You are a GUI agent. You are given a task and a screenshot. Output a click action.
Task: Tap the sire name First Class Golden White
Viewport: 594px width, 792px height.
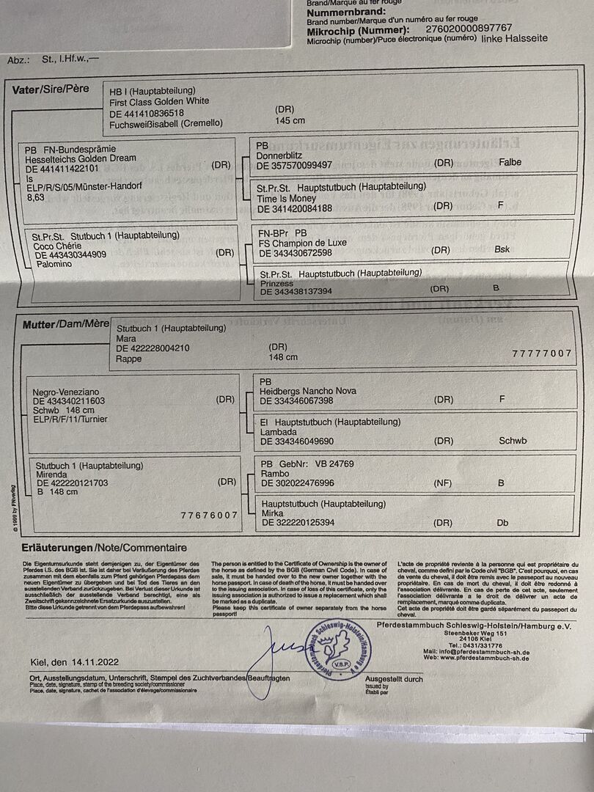click(x=159, y=101)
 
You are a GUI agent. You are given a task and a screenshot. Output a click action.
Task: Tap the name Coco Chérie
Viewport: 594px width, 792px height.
click(x=59, y=246)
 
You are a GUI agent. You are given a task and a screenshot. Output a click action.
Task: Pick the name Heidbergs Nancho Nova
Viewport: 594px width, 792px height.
click(x=308, y=391)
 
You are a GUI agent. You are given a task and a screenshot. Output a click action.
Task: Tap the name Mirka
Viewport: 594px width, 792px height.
click(x=273, y=513)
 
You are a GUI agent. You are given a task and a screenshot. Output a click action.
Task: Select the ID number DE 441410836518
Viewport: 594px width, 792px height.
click(x=147, y=112)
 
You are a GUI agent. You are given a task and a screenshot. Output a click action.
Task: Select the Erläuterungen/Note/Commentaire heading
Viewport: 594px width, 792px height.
click(x=104, y=548)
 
